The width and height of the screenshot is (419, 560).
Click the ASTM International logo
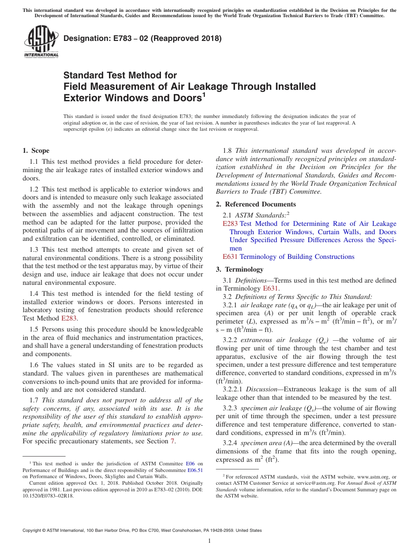click(41, 41)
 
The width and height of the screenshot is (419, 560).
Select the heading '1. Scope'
click(36, 151)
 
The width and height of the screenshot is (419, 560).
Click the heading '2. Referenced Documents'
click(256, 204)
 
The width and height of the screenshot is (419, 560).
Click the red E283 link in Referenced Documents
click(230, 224)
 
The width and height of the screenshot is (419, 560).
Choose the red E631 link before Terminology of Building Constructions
click(230, 257)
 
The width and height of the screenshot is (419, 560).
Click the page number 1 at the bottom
click(209, 541)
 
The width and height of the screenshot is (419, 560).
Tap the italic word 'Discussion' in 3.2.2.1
click(262, 389)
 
